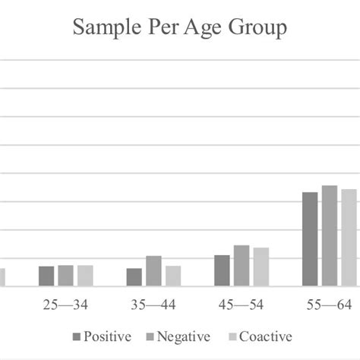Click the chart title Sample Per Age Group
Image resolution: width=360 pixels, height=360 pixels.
point(180,28)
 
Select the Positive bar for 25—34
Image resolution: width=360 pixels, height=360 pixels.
point(46,276)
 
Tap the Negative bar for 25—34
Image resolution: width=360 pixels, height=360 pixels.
point(65,276)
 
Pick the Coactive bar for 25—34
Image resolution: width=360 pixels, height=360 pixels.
point(84,276)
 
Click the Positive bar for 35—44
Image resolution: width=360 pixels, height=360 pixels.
point(134,277)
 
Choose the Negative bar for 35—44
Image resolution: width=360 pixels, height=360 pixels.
point(153,271)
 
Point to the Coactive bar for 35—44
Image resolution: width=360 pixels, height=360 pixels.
point(172,276)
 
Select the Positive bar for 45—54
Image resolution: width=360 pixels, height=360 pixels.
point(222,270)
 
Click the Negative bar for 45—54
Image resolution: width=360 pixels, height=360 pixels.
point(242,266)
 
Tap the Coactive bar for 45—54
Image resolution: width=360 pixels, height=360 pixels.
point(261,267)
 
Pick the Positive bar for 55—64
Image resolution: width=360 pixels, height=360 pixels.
point(310,239)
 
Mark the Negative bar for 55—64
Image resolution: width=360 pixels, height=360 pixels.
point(329,236)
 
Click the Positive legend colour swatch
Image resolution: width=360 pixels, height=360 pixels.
point(76,336)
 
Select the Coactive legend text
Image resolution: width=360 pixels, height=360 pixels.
point(267,336)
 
